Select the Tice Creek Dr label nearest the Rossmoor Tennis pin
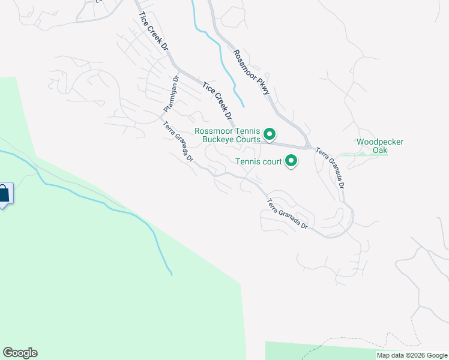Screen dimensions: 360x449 (x=217, y=100)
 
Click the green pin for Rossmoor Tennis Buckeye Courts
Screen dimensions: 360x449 (x=270, y=134)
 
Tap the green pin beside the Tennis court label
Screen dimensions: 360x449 (x=291, y=161)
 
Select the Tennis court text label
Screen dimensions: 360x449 (x=258, y=161)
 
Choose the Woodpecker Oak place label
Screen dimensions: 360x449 (x=380, y=146)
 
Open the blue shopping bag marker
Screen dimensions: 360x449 (x=4, y=193)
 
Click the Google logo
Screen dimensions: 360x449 (x=20, y=353)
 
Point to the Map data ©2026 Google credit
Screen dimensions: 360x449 (x=411, y=355)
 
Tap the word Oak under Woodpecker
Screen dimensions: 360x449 (x=380, y=150)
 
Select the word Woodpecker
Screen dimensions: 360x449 (x=380, y=142)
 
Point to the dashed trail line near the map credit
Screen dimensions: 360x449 (x=336, y=343)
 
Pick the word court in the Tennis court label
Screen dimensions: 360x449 (x=271, y=161)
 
